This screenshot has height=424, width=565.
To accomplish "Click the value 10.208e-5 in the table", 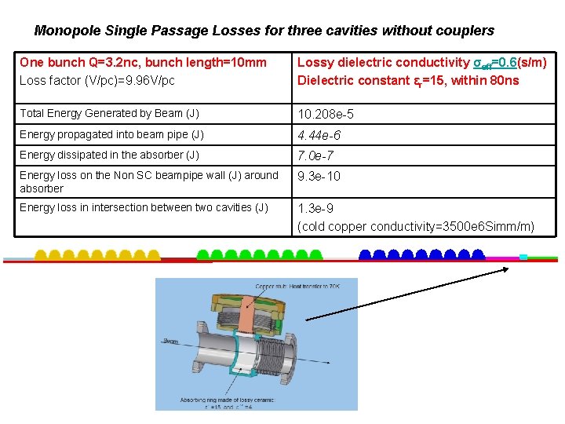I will coord(326,115).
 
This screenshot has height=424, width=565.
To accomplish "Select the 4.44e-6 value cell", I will coord(319,136).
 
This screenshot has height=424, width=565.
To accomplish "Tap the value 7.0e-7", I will coord(316,156).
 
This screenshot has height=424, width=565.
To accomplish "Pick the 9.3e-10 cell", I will coord(319,177).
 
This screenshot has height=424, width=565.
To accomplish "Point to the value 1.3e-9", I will coord(315,209).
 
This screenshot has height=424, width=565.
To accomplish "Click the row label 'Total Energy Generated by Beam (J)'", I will coord(109,114).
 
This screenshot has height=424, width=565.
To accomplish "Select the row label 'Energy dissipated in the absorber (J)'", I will coord(109,155).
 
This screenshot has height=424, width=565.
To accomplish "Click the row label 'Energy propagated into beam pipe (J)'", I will coord(111,135).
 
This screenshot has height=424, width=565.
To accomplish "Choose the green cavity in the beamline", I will coord(260,254).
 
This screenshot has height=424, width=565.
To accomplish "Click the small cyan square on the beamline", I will coord(523,257).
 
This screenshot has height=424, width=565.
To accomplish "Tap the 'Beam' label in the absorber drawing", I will coord(171,342).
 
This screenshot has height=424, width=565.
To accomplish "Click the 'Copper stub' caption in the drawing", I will coord(270,287).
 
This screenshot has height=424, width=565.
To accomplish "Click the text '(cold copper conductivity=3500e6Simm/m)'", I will coord(416,227).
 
